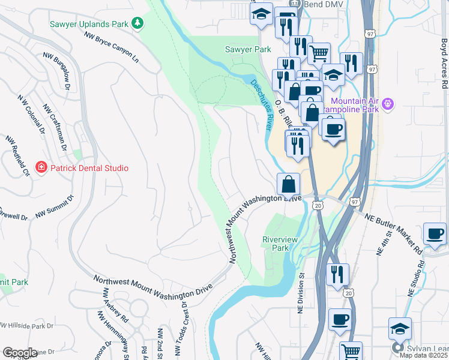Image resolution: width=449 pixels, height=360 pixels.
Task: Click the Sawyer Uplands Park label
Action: pos(89,23)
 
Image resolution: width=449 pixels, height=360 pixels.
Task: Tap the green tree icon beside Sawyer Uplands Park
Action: pos(139,23)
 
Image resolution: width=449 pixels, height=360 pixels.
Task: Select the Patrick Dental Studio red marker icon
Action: pos(41,167)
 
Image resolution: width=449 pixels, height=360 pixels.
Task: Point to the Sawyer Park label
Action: pos(248,49)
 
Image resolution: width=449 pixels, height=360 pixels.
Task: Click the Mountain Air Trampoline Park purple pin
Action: pos(388,104)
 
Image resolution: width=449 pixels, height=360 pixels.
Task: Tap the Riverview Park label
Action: pos(280,243)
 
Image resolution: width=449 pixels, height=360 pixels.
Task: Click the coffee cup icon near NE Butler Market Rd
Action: pos(435,233)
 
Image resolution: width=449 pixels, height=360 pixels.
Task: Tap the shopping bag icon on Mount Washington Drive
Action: pos(288,184)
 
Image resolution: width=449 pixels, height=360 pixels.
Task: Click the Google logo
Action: pos(20,352)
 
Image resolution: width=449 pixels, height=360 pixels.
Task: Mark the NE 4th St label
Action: pos(381,241)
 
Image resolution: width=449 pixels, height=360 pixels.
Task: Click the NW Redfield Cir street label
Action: pos(17,155)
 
